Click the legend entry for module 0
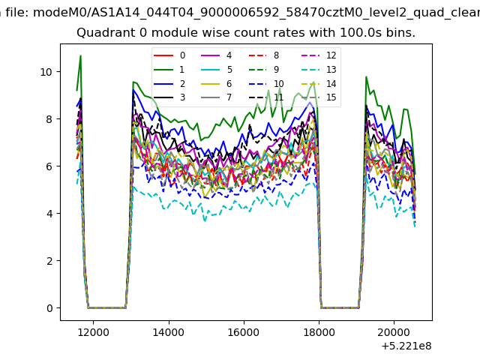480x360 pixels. (169, 55)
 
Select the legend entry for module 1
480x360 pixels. (169, 70)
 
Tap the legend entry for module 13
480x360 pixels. (319, 70)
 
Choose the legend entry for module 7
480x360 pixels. (217, 97)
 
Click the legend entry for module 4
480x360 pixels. (217, 55)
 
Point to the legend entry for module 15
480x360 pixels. (319, 97)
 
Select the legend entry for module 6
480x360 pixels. (217, 83)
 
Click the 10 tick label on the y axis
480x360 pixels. (46, 72)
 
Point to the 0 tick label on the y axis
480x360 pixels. (49, 308)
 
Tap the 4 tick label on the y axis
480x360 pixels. (49, 214)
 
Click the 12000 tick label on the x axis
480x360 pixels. (93, 332)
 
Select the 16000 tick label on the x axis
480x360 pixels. (244, 332)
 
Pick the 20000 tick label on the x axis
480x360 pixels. (394, 332)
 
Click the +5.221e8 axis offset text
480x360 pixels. (406, 346)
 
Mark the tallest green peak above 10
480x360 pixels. (80, 55)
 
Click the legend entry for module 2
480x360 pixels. (169, 83)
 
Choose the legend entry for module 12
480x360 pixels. (319, 55)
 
